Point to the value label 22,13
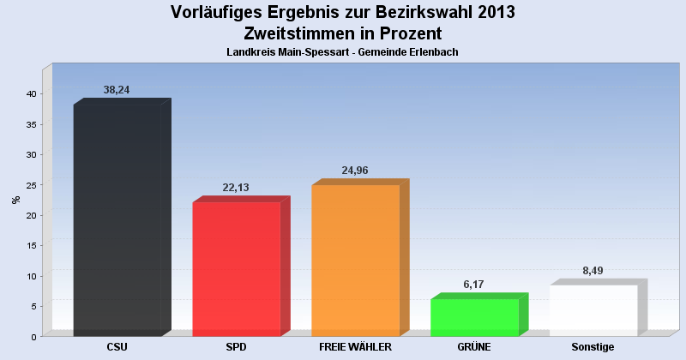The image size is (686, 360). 234,188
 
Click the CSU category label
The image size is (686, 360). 117,347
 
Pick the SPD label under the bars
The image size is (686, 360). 236,347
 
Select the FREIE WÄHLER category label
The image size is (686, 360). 355,347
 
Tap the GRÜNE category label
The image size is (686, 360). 474,347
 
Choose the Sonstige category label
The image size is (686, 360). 593,347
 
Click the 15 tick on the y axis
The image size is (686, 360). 30,246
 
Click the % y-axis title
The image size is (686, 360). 15,200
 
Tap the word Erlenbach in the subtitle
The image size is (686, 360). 433,52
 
